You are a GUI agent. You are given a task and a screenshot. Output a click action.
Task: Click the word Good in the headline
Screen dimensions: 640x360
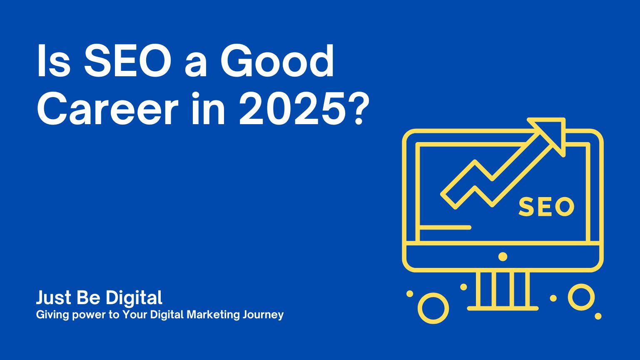coord(277,61)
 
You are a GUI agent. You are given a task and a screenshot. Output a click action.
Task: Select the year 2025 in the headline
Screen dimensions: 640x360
coord(291,109)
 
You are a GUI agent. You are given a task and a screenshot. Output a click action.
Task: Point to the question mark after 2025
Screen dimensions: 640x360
coord(357,109)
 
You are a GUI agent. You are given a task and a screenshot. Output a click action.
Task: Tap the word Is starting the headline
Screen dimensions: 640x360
coord(54,61)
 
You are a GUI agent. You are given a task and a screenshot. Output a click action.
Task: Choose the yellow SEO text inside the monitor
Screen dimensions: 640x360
coord(546,206)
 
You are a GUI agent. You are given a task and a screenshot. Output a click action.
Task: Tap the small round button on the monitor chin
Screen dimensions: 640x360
coord(503,257)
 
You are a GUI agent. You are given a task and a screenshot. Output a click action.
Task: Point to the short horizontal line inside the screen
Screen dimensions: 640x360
coord(445,227)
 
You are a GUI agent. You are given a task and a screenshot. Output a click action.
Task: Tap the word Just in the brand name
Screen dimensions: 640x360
coord(54,297)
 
